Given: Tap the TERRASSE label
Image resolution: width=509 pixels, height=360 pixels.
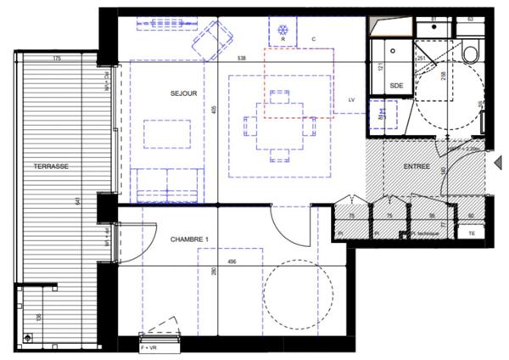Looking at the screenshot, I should [50, 166].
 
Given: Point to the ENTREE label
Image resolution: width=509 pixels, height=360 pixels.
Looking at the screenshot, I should [417, 166].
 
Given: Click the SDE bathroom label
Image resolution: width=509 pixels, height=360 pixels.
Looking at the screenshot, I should [395, 86].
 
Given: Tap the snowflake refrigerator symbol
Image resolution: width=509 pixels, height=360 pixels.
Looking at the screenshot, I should [282, 31].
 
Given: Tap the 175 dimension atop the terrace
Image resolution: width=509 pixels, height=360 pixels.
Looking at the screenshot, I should [56, 59].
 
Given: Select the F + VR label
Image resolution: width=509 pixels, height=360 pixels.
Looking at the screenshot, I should [149, 348].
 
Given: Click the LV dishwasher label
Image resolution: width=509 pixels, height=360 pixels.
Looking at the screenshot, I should [350, 100].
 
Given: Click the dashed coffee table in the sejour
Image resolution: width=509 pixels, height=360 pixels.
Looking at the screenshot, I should [166, 134].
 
